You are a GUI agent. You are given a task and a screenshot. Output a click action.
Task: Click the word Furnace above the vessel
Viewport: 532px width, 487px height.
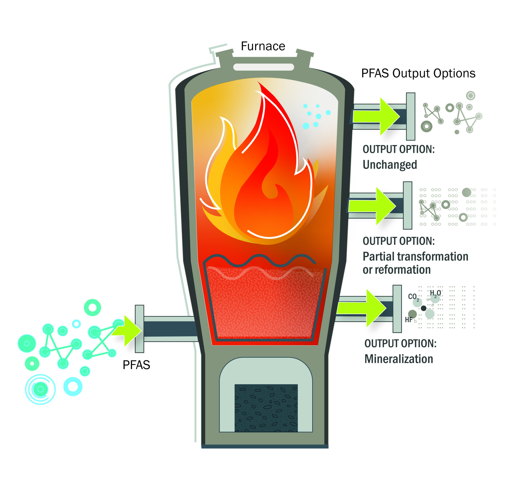[263, 46]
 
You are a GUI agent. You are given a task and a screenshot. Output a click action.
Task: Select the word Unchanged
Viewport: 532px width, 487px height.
[390, 165]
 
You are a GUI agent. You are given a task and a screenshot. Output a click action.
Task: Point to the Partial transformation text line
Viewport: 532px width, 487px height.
[415, 256]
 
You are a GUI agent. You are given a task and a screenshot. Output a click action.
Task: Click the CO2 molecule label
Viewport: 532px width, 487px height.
[413, 297]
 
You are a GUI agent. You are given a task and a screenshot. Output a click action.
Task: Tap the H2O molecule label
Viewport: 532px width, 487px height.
[435, 293]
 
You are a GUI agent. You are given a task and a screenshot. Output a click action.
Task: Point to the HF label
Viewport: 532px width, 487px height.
[409, 320]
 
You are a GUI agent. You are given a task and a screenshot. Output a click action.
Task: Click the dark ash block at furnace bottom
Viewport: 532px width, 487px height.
[266, 408]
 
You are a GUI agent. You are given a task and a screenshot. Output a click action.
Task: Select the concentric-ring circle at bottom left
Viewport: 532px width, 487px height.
[40, 389]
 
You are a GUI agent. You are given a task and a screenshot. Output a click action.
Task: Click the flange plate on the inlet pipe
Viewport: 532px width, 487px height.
[139, 329]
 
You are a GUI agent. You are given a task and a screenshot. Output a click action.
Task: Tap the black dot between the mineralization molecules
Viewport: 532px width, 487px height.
[424, 308]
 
